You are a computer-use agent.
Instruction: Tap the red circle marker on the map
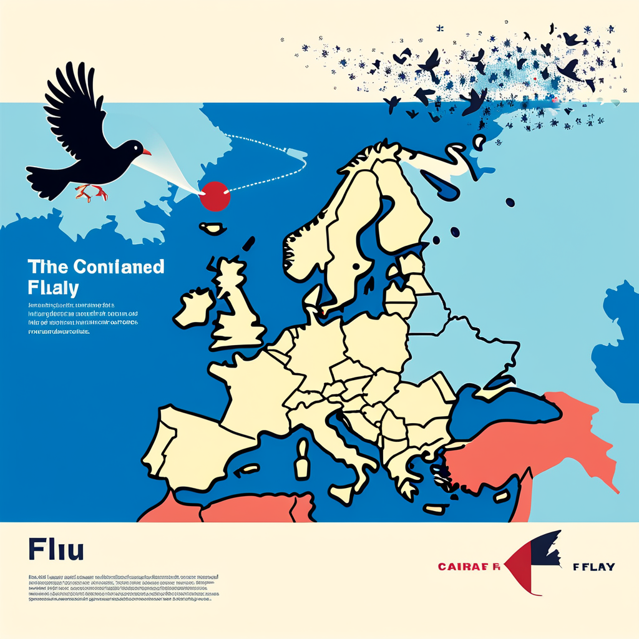[x=215, y=196]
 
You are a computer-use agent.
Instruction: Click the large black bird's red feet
[x=92, y=192]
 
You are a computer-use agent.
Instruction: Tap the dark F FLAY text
[x=593, y=567]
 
